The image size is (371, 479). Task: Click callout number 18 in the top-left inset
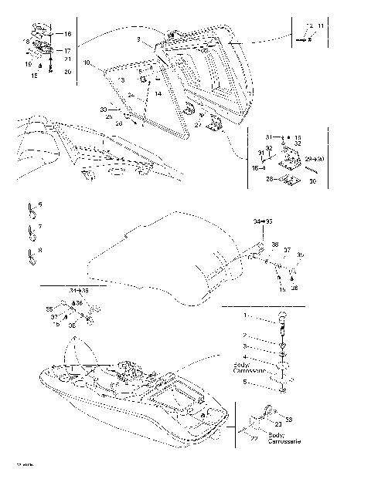tap(26, 41)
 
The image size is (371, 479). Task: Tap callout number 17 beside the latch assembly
tap(67, 50)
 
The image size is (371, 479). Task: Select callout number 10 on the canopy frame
tap(87, 62)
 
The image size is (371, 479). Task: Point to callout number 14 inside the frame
tap(158, 93)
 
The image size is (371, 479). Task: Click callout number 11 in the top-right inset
tap(321, 27)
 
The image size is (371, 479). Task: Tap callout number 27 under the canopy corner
tap(199, 124)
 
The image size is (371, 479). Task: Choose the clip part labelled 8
tap(31, 253)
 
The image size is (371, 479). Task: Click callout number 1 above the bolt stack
tap(246, 316)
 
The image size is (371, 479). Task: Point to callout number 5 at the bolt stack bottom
tap(246, 382)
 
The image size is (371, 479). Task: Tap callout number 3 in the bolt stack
tap(246, 348)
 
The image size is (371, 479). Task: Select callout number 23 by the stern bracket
tap(278, 425)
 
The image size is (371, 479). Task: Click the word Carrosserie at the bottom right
tap(284, 442)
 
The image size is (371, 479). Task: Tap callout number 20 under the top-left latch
tap(67, 72)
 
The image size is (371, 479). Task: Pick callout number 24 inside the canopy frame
tap(131, 94)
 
